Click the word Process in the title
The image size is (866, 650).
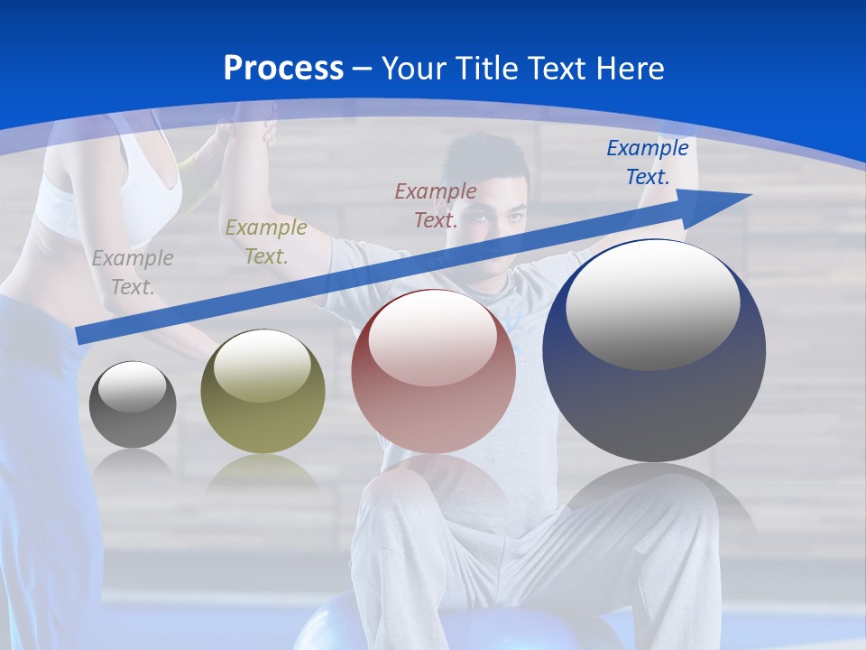pyautogui.click(x=283, y=69)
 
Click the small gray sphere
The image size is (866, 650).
pyautogui.click(x=133, y=404)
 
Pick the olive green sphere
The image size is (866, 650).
pyautogui.click(x=263, y=392)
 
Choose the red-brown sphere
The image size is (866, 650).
pyautogui.click(x=433, y=371)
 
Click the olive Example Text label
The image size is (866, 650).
pyautogui.click(x=265, y=242)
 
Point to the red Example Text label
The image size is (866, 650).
pyautogui.click(x=436, y=205)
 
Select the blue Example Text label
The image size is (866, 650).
pyautogui.click(x=648, y=162)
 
